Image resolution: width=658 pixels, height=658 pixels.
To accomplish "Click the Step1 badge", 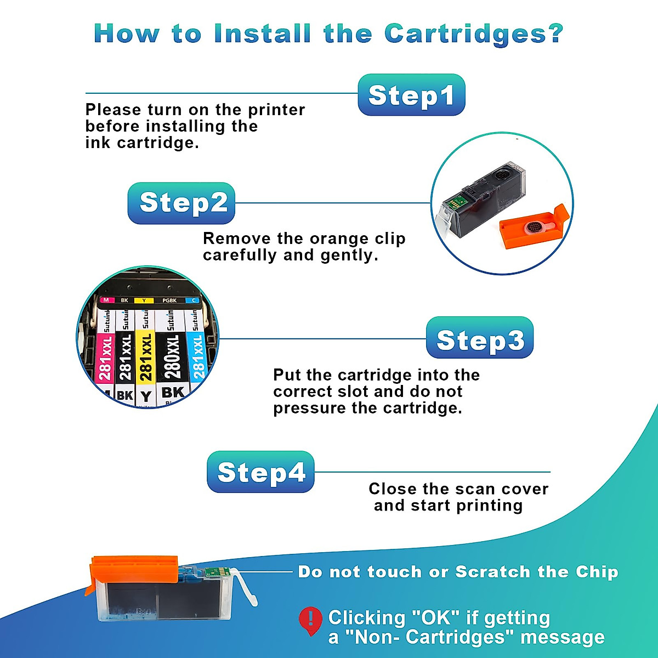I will [411, 95].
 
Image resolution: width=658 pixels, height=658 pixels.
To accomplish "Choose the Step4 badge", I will [260, 472].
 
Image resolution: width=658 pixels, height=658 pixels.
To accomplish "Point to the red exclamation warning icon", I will [310, 620].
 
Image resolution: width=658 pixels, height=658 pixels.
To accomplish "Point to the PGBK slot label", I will [169, 300].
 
